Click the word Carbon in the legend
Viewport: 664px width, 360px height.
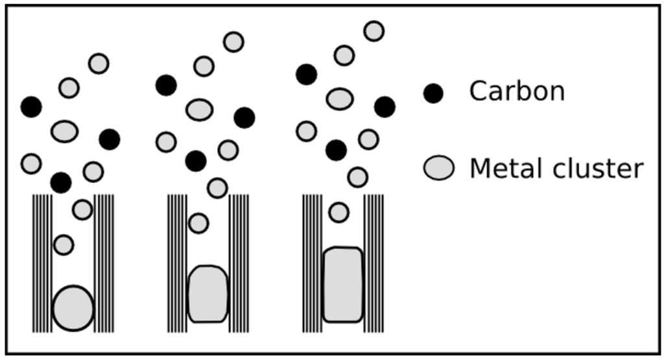517,91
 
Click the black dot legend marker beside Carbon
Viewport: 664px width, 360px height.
433,93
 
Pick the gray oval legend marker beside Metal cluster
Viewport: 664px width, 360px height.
439,168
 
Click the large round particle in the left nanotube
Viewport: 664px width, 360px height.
73,308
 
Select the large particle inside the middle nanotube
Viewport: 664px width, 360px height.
207,294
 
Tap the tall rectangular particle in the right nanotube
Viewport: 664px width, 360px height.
342,284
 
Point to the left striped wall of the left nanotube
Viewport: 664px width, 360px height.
42,263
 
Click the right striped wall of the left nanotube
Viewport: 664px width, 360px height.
104,263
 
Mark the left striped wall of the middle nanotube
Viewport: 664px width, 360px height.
177,263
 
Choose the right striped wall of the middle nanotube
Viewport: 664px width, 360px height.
239,263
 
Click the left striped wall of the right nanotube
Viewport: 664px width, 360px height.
312,263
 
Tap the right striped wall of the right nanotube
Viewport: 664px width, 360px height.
373,263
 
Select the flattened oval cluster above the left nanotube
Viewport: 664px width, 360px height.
64,132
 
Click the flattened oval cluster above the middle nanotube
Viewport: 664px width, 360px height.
199,110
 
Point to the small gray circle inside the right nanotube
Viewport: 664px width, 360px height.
338,212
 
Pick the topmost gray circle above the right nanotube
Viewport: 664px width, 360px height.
373,30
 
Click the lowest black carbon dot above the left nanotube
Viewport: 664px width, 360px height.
61,183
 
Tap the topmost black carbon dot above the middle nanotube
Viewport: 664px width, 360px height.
166,85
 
